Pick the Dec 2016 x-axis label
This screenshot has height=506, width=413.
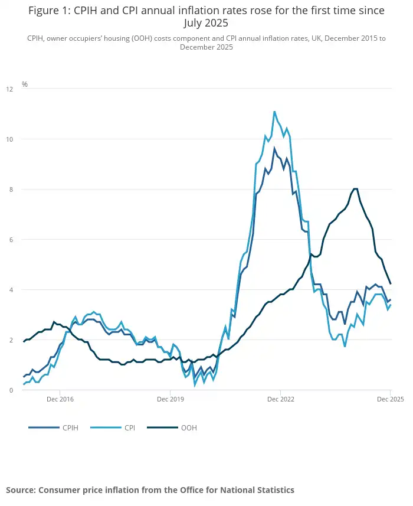[x=60, y=400]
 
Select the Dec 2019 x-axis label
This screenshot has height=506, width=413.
[x=170, y=400]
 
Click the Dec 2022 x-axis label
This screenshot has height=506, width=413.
[x=280, y=400]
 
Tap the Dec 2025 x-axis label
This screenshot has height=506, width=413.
[x=389, y=400]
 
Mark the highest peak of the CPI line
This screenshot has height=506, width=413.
[x=274, y=112]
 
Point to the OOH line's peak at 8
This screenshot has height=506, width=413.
[x=355, y=189]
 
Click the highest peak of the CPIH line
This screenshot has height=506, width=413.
[x=274, y=149]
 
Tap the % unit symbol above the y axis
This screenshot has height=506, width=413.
[x=25, y=84]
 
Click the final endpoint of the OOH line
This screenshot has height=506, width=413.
[x=391, y=283]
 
